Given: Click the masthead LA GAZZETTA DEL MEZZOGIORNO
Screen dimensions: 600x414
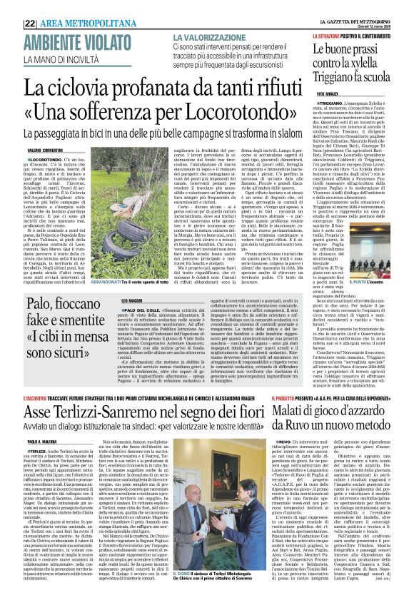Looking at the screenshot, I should click(368, 6).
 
